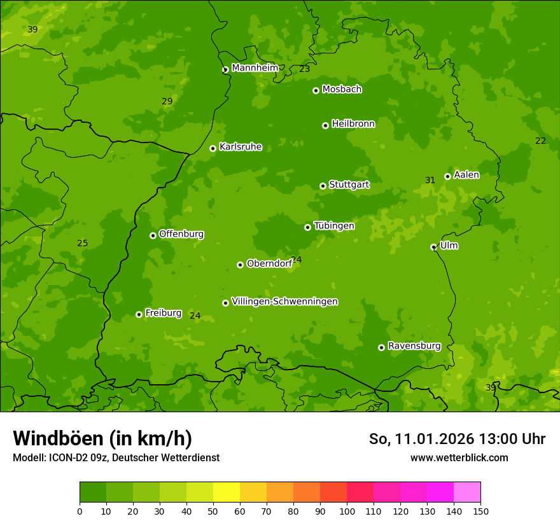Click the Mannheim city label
click(x=255, y=67)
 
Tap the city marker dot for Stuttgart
click(x=323, y=186)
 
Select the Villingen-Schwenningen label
click(x=284, y=302)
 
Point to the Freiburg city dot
click(x=139, y=314)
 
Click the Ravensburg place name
click(x=414, y=346)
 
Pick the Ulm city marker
click(x=433, y=247)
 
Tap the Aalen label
click(x=466, y=175)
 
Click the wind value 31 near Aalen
click(x=430, y=181)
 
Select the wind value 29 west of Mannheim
click(x=167, y=101)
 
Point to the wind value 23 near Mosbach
click(x=305, y=69)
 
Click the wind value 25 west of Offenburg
click(x=82, y=243)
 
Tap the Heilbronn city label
click(x=353, y=124)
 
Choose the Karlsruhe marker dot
click(x=213, y=148)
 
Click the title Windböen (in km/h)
click(x=102, y=438)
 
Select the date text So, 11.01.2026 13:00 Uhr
click(x=457, y=439)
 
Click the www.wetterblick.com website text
click(x=459, y=457)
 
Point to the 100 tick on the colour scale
click(x=347, y=511)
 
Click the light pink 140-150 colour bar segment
click(x=467, y=492)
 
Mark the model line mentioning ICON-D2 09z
click(x=116, y=457)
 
